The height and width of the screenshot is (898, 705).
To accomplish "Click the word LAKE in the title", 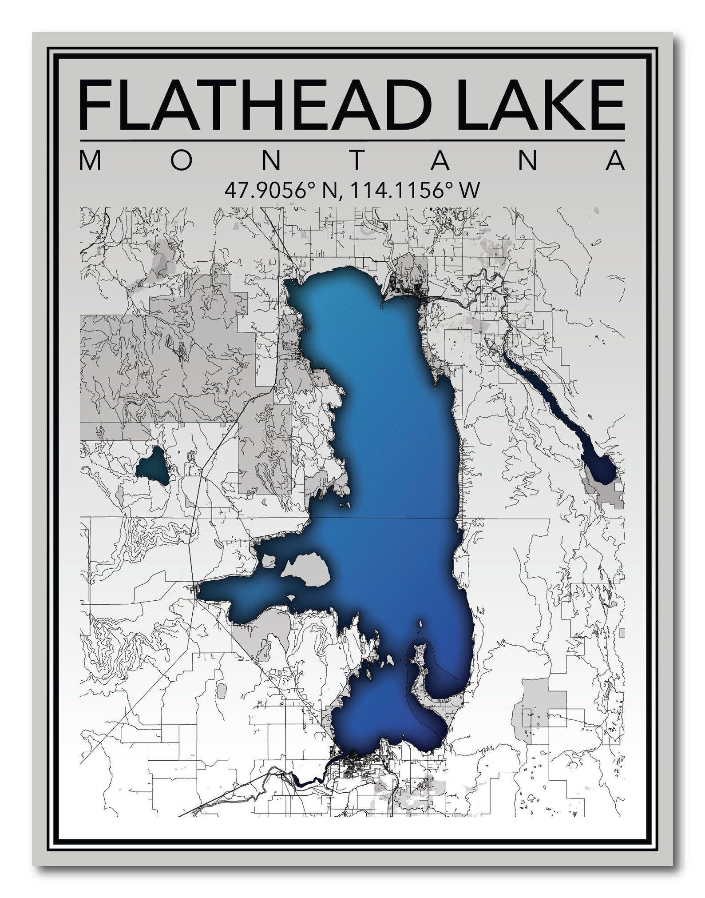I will [x=533, y=105].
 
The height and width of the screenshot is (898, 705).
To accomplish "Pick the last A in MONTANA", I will [x=615, y=160].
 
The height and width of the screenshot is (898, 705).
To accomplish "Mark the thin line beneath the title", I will [x=352, y=141].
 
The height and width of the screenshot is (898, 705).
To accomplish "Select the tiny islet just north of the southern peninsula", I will [x=420, y=626].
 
